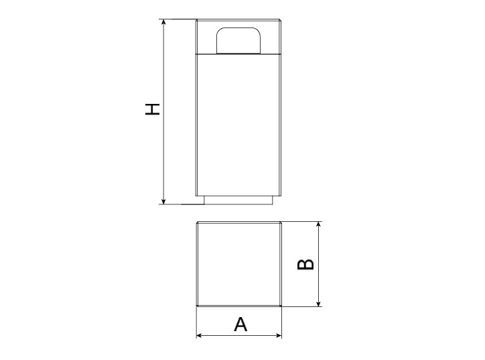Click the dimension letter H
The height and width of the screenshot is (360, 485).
point(153,109)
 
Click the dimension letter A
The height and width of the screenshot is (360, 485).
point(240,324)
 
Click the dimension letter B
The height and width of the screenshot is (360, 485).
point(305,264)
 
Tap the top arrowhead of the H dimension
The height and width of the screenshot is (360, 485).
point(163,21)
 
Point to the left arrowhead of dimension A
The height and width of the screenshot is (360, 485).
point(200,335)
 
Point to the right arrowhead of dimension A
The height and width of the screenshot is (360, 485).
point(279,335)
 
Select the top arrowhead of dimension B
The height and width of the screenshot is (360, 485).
point(319,225)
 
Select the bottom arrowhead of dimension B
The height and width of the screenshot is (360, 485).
point(319,304)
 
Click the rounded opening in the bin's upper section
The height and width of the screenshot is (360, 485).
point(238,40)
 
